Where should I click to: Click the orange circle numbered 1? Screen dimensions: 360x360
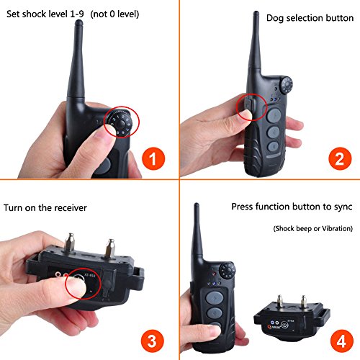(153, 158)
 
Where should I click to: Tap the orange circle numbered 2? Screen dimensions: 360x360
(340, 158)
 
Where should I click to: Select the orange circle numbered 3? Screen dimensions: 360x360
(152, 341)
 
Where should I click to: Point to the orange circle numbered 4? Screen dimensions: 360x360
(342, 341)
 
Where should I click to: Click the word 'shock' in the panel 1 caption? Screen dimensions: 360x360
(34, 14)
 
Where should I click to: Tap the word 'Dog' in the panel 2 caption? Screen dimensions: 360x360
(275, 19)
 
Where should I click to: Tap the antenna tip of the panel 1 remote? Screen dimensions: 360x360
(78, 23)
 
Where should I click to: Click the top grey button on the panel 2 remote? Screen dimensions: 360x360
(274, 116)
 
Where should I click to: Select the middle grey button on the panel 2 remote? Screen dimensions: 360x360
(273, 132)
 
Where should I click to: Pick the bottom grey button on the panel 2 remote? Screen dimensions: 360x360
(272, 146)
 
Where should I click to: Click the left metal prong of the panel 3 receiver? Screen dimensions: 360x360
(69, 243)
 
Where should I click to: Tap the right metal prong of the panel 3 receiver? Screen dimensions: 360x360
(110, 248)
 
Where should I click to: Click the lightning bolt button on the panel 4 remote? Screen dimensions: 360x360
(215, 298)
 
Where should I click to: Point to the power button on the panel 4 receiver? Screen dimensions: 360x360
(284, 325)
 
